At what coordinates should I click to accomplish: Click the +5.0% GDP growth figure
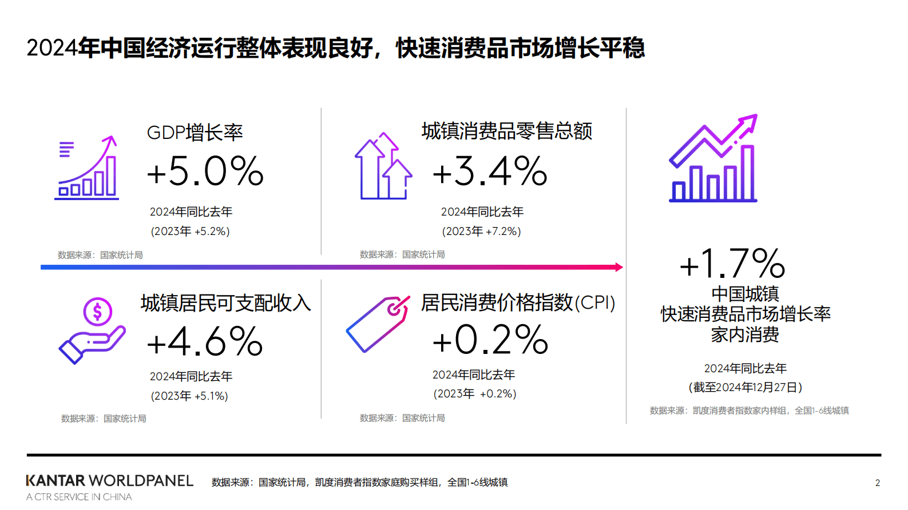pyautogui.click(x=205, y=171)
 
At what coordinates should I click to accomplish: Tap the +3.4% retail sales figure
pyautogui.click(x=490, y=171)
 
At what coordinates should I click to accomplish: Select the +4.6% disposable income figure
pyautogui.click(x=205, y=342)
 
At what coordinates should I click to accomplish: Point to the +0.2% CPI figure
pyautogui.click(x=490, y=340)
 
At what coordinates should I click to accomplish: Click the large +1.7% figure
pyautogui.click(x=732, y=264)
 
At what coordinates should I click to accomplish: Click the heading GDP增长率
pyautogui.click(x=195, y=133)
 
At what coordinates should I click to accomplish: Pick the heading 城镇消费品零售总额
pyautogui.click(x=506, y=131)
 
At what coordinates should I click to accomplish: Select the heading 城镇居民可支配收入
pyautogui.click(x=225, y=303)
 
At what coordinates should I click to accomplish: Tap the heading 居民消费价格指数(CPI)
pyautogui.click(x=518, y=302)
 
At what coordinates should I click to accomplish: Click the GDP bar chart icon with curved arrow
pyautogui.click(x=87, y=168)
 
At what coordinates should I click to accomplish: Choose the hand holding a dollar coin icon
pyautogui.click(x=92, y=330)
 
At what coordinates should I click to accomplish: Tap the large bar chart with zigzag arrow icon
pyautogui.click(x=713, y=158)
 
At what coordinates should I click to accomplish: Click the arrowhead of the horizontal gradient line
pyautogui.click(x=619, y=267)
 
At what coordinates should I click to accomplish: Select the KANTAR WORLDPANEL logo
pyautogui.click(x=109, y=481)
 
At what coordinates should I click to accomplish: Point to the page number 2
pyautogui.click(x=878, y=483)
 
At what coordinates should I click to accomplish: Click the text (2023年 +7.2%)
pyautogui.click(x=481, y=232)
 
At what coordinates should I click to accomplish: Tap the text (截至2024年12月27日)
pyautogui.click(x=745, y=388)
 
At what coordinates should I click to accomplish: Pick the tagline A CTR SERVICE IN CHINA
pyautogui.click(x=79, y=497)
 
